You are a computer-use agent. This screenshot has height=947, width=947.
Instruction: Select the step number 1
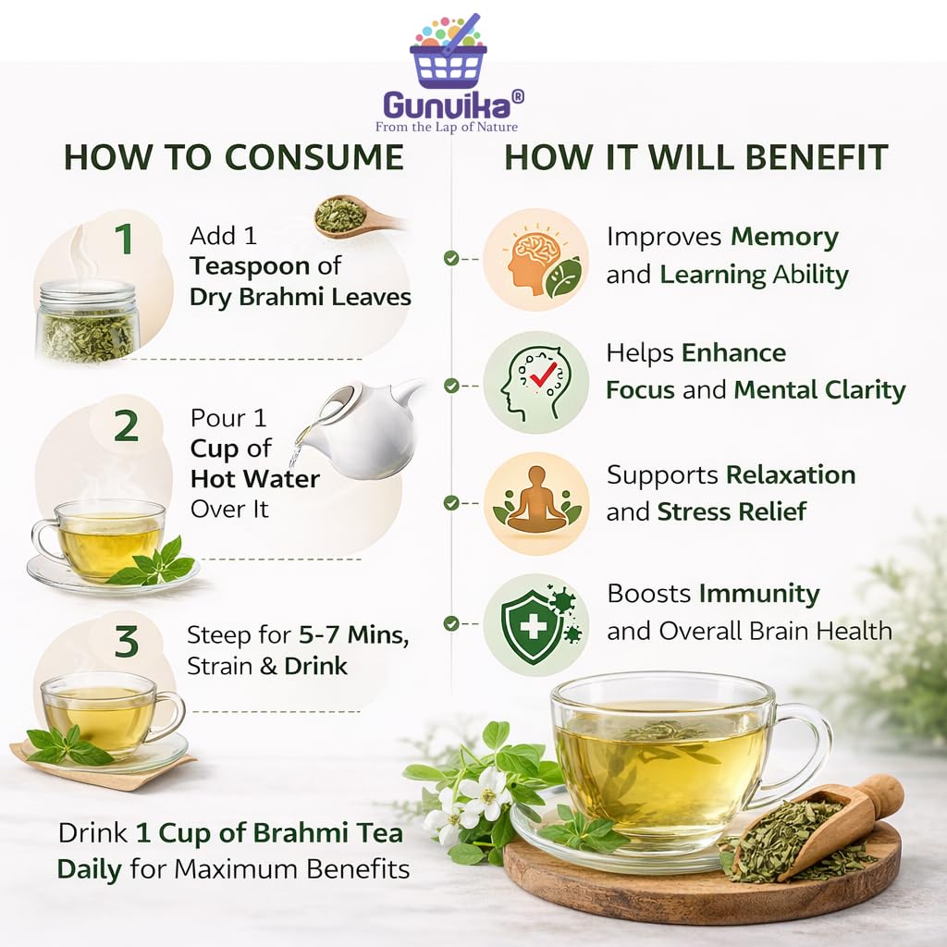click(124, 239)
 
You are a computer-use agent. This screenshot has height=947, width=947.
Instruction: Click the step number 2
click(126, 425)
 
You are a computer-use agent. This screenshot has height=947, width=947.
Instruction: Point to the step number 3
click(126, 641)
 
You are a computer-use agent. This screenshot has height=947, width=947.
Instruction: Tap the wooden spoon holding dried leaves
click(356, 216)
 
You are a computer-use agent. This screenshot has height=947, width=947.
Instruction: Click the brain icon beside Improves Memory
click(535, 259)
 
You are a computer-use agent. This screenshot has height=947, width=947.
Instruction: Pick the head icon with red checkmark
click(535, 382)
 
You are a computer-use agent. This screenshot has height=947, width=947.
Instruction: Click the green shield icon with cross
click(535, 624)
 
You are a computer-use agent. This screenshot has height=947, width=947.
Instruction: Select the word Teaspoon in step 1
click(250, 265)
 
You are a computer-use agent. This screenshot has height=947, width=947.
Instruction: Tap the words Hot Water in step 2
click(255, 478)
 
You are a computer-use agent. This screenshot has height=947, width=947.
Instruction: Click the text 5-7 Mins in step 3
click(354, 634)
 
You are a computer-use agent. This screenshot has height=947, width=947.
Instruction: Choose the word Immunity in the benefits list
click(759, 594)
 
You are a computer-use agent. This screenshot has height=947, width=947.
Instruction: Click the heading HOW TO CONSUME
click(234, 157)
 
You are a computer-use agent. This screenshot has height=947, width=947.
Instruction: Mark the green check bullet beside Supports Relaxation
click(451, 502)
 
